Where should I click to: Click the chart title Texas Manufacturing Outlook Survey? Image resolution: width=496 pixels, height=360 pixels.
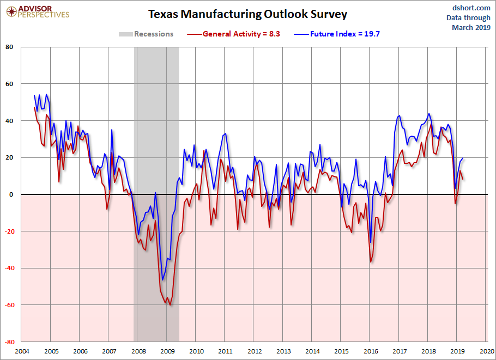tap(247, 14)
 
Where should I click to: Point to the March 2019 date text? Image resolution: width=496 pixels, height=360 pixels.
tap(471, 27)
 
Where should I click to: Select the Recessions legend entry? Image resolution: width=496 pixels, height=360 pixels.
tap(146, 34)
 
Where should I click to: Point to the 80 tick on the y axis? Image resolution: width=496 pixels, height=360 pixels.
tap(9, 47)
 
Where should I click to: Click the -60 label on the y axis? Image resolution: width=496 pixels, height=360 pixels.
tap(8, 305)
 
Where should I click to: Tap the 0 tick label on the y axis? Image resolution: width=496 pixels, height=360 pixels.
tap(11, 194)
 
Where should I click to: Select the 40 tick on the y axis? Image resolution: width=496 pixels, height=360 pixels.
tap(9, 121)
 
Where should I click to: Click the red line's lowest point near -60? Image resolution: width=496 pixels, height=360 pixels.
tap(170, 305)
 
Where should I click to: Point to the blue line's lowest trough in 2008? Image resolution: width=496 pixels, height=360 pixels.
tap(162, 280)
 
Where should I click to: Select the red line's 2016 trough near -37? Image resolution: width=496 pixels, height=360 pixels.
tap(371, 262)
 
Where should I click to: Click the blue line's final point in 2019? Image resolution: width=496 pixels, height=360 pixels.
tap(463, 158)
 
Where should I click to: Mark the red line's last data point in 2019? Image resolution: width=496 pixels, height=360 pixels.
tap(463, 179)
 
